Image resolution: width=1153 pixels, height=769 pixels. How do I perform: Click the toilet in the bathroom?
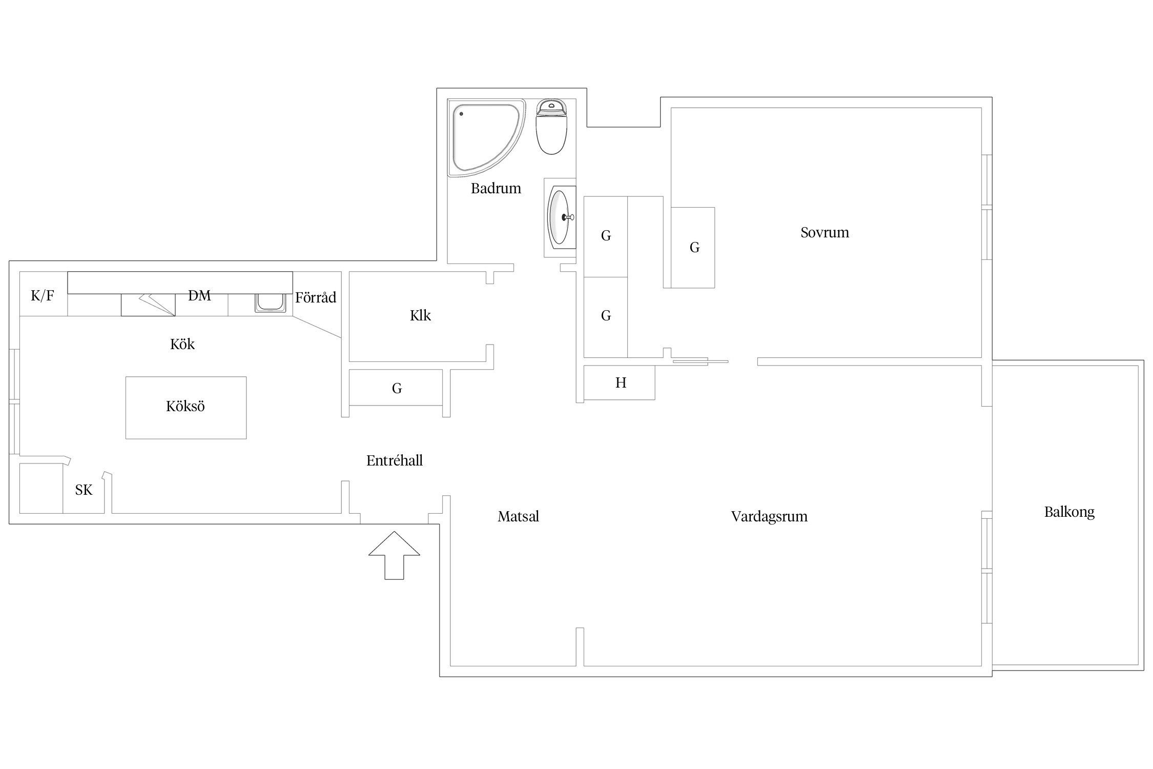(x=551, y=127)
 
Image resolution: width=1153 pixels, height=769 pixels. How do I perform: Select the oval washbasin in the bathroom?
(x=560, y=217)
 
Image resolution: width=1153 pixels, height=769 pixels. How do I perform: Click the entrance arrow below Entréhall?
(x=394, y=555)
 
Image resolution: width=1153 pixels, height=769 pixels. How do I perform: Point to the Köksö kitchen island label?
(x=186, y=407)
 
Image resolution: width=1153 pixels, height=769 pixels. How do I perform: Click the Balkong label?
(x=1069, y=512)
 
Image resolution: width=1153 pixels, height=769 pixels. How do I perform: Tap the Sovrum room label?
(x=825, y=233)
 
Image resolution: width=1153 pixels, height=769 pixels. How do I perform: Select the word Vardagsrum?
(x=769, y=517)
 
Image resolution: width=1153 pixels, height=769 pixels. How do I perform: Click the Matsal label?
(x=518, y=517)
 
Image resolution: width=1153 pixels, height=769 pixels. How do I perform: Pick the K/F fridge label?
(x=43, y=295)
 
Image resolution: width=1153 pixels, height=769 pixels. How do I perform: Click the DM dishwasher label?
(x=199, y=296)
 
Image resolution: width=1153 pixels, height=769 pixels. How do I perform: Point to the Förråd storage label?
(x=316, y=297)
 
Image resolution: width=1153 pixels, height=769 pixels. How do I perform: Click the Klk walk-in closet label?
(x=420, y=315)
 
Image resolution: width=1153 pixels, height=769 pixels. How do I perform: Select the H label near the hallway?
(x=621, y=383)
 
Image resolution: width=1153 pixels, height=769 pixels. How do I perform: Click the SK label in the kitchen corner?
(x=84, y=490)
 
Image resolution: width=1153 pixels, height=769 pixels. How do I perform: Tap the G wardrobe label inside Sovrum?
(x=694, y=248)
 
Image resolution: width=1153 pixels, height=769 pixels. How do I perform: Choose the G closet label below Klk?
(x=397, y=389)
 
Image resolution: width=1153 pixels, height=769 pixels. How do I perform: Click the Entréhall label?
(x=395, y=461)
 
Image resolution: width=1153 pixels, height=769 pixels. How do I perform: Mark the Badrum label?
(x=496, y=189)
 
